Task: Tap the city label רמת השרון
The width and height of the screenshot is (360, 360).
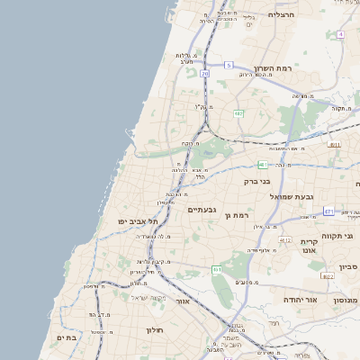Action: (273, 67)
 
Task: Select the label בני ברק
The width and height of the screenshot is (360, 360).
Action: (257, 180)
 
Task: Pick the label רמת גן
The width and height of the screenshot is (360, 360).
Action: (237, 215)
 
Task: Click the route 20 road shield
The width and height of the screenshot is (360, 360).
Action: (205, 74)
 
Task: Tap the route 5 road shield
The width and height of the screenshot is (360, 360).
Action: (229, 65)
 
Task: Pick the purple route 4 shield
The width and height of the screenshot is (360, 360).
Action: (340, 34)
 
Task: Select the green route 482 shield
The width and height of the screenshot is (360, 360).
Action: (238, 114)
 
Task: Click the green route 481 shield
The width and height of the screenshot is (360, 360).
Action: (262, 165)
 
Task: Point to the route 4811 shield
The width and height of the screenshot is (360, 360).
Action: (335, 144)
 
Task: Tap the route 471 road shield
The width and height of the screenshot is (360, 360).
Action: (328, 211)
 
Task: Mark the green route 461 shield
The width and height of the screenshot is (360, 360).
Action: (217, 269)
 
